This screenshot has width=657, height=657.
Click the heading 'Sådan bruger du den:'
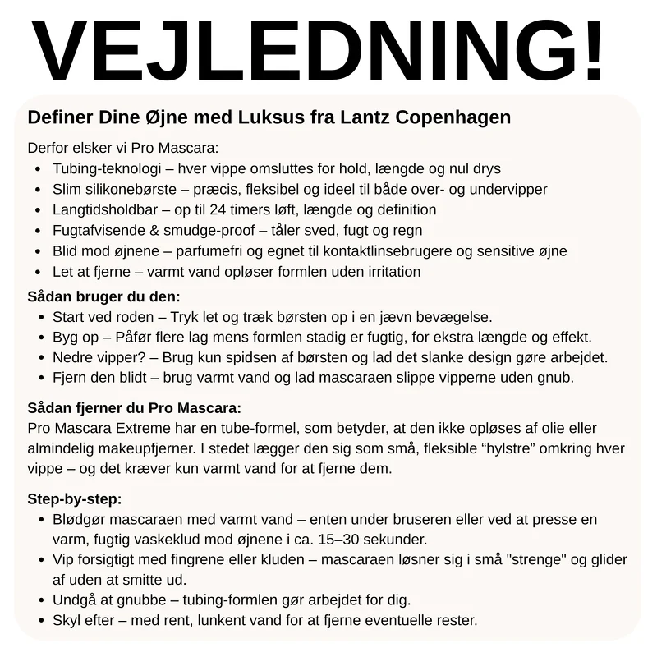(103, 296)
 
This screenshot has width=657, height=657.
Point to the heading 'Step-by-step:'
(75, 498)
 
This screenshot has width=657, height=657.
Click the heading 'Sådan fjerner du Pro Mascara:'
(135, 408)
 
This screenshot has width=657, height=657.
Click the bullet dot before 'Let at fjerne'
(39, 272)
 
